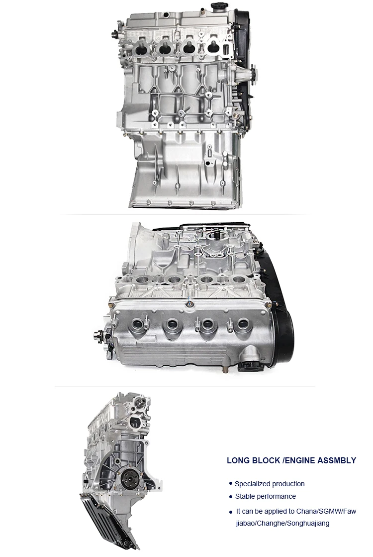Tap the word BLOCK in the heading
pyautogui.click(x=266, y=460)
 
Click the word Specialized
pyautogui.click(x=253, y=484)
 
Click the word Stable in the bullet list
pyautogui.click(x=244, y=496)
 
